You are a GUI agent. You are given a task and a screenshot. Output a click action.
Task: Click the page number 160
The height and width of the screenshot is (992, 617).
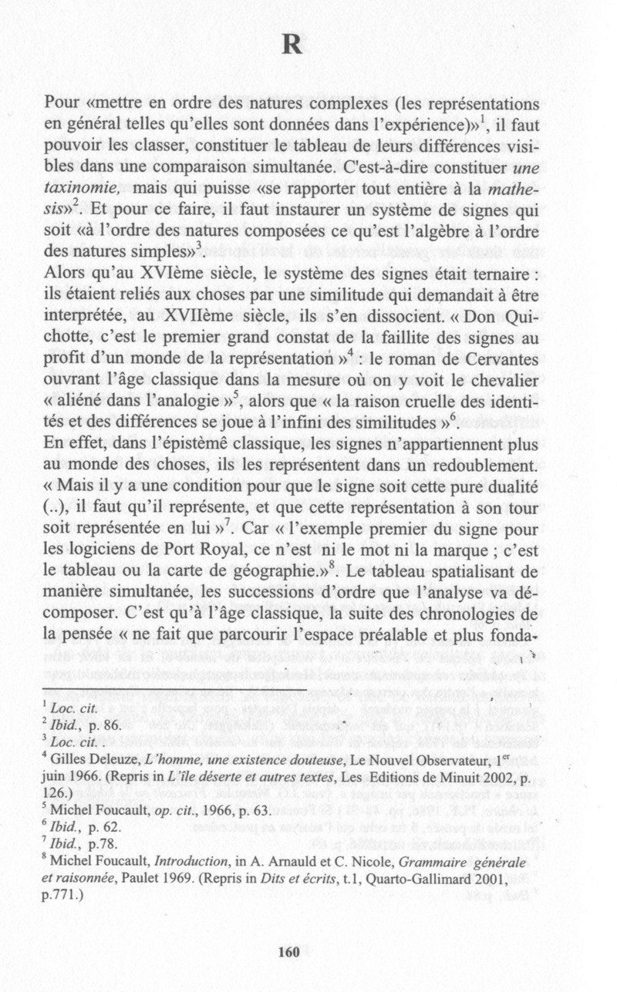click(x=288, y=952)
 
